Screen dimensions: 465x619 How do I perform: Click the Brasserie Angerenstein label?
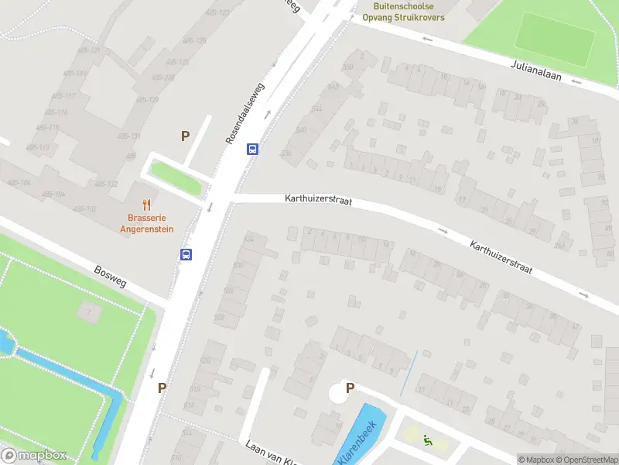[146, 224]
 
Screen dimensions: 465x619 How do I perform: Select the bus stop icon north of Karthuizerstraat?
[252, 150]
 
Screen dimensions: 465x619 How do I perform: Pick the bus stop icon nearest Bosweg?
[186, 254]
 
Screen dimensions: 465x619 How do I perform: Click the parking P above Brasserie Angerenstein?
[185, 136]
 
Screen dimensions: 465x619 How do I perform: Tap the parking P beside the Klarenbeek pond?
[350, 388]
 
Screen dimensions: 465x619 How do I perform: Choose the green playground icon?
[427, 441]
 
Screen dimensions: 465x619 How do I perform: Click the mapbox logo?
[34, 456]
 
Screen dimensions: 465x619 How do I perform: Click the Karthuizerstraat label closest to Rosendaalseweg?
[319, 200]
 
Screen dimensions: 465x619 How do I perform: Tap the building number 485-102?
[85, 209]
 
